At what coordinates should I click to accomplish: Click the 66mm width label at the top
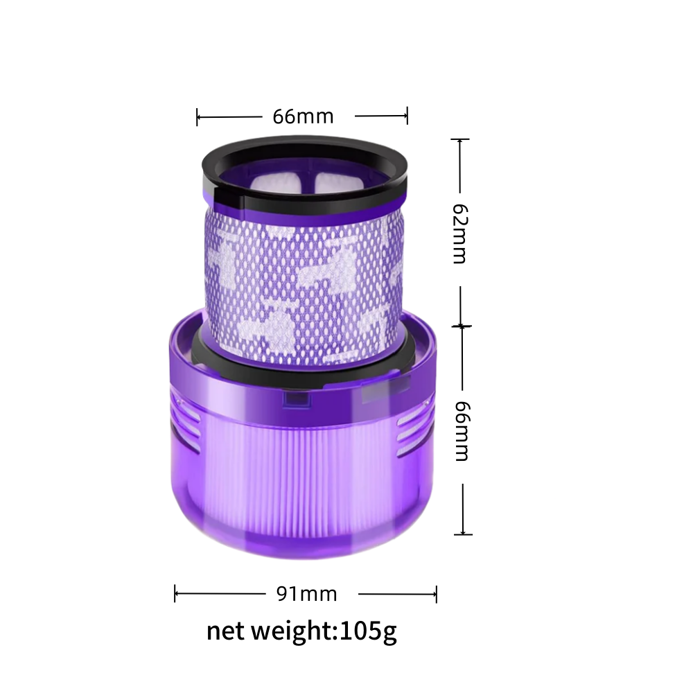pyautogui.click(x=303, y=116)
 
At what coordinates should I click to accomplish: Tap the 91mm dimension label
pyautogui.click(x=307, y=594)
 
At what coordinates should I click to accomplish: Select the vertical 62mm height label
pyautogui.click(x=460, y=234)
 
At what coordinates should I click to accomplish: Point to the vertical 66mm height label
pyautogui.click(x=462, y=431)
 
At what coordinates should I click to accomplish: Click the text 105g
pyautogui.click(x=368, y=631)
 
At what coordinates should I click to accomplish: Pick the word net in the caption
pyautogui.click(x=225, y=632)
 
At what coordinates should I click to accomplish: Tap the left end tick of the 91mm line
pyautogui.click(x=175, y=594)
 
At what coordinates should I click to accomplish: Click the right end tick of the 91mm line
pyautogui.click(x=436, y=594)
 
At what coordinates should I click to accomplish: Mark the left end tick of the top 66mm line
pyautogui.click(x=197, y=117)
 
